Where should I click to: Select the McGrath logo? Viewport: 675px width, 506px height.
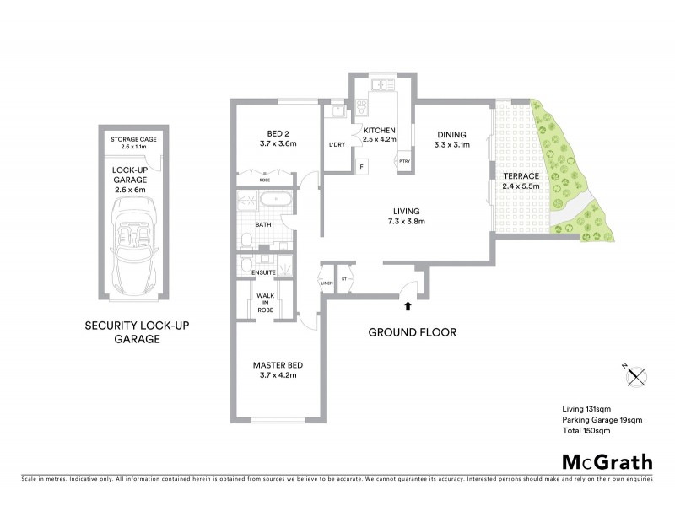pyautogui.click(x=607, y=461)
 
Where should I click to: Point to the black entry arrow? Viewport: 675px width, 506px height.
pyautogui.click(x=408, y=309)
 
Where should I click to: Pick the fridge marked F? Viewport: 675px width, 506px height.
pyautogui.click(x=363, y=166)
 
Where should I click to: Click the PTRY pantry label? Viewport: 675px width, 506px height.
pyautogui.click(x=404, y=160)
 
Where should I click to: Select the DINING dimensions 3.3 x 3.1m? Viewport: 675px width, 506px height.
pyautogui.click(x=451, y=145)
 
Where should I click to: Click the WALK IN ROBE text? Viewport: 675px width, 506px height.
pyautogui.click(x=267, y=301)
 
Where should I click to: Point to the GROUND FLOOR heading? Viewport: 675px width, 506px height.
pyautogui.click(x=413, y=332)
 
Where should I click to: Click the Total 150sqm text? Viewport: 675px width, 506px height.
pyautogui.click(x=586, y=430)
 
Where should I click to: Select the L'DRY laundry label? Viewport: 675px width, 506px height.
pyautogui.click(x=337, y=144)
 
